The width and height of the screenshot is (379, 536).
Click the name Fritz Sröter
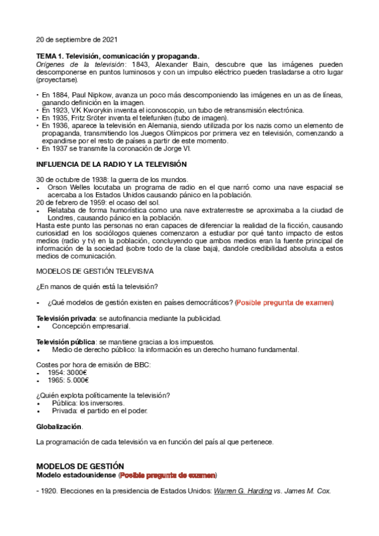coord(95,118)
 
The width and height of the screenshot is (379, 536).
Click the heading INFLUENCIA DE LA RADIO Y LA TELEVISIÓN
coord(103,164)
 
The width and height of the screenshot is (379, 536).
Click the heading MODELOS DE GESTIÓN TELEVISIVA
coord(95,272)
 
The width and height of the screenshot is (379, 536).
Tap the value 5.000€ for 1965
coord(78,380)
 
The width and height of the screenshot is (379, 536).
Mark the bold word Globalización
coord(59,427)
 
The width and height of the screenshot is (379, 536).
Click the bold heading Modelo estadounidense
coord(76,475)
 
